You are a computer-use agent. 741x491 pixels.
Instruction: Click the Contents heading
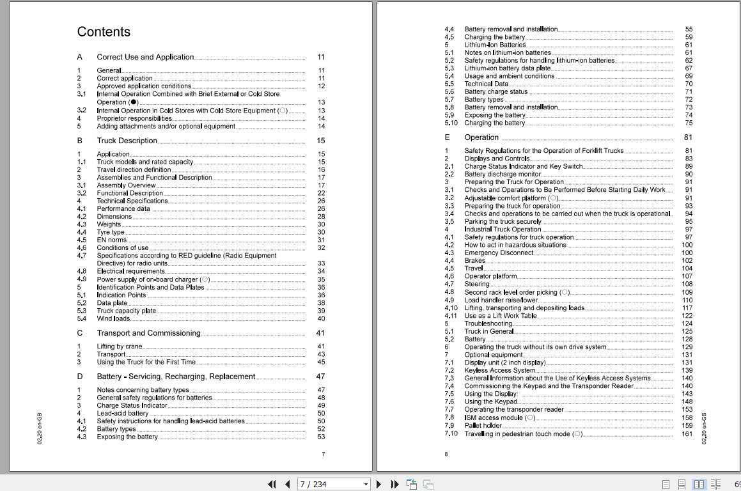[104, 32]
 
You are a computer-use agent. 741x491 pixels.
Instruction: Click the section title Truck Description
[127, 141]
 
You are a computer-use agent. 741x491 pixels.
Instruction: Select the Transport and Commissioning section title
[148, 333]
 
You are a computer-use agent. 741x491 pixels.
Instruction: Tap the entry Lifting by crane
[120, 347]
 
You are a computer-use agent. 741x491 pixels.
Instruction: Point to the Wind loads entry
[113, 318]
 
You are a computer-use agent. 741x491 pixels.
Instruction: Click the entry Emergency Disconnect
[499, 253]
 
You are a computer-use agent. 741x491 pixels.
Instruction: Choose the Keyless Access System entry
[500, 370]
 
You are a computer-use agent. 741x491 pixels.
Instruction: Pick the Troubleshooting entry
[488, 323]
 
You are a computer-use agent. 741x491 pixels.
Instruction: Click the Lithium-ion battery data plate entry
[507, 68]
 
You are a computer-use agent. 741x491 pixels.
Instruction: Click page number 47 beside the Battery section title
[321, 377]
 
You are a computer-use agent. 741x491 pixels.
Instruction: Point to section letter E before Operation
[448, 137]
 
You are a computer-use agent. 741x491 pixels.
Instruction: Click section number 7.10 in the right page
[451, 434]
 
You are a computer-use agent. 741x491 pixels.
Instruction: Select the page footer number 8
[446, 455]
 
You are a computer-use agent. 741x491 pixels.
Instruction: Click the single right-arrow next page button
[379, 484]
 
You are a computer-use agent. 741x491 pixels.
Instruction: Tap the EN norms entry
[111, 240]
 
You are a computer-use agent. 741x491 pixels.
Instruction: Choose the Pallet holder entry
[483, 426]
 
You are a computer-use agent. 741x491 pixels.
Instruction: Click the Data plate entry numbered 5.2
[112, 303]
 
